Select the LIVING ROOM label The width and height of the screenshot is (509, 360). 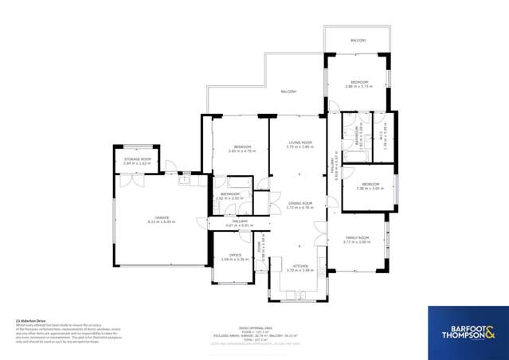pyautogui.click(x=300, y=143)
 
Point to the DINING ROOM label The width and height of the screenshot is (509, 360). pyautogui.click(x=300, y=203)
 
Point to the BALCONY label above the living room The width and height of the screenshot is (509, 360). pyautogui.click(x=289, y=92)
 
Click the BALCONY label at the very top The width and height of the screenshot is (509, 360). pyautogui.click(x=358, y=40)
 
